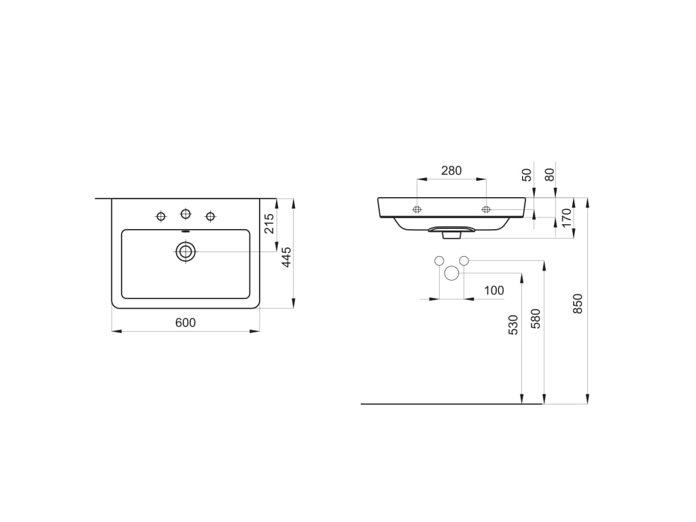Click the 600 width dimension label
(x=186, y=323)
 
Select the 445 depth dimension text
(x=286, y=257)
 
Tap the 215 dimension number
(x=269, y=224)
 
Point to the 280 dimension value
(x=451, y=171)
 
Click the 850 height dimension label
(x=578, y=303)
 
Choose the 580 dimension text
(x=535, y=319)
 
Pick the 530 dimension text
(x=513, y=324)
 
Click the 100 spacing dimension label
(x=494, y=291)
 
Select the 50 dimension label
(x=527, y=175)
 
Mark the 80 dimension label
(x=550, y=175)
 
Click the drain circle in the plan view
(x=186, y=251)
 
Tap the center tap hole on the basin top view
(x=186, y=214)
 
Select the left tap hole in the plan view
(x=161, y=216)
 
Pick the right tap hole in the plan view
(x=210, y=216)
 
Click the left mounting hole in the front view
(x=417, y=209)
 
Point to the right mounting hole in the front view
(x=486, y=209)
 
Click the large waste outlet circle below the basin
(x=451, y=273)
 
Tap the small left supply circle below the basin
(x=439, y=260)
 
